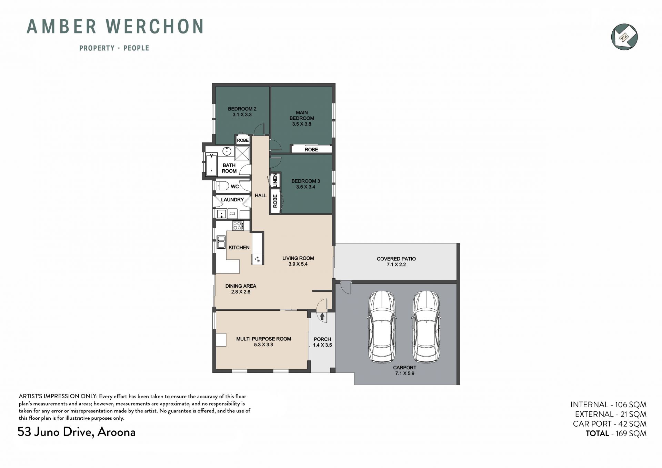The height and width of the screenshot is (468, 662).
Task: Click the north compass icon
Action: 624,37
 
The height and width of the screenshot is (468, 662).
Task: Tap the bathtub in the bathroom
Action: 212,165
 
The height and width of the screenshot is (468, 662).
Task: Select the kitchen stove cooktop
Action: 238,226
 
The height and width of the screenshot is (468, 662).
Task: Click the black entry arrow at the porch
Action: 322,316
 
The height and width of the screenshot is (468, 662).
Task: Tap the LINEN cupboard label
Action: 275,180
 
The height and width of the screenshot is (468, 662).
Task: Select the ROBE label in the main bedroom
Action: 311,150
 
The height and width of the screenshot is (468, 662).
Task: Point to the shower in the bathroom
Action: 242,153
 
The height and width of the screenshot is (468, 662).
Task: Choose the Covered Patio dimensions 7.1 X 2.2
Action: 396,265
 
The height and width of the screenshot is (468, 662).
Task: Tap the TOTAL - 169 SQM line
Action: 616,434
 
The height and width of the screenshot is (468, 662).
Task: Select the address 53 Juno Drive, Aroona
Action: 77,432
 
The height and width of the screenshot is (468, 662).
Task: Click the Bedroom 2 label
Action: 242,109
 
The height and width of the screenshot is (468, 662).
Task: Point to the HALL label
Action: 261,196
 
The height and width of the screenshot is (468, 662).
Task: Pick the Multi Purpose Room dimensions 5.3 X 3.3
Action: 263,345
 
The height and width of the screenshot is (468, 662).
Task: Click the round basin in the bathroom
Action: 227,151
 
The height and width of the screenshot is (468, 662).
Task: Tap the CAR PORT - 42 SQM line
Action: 610,424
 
